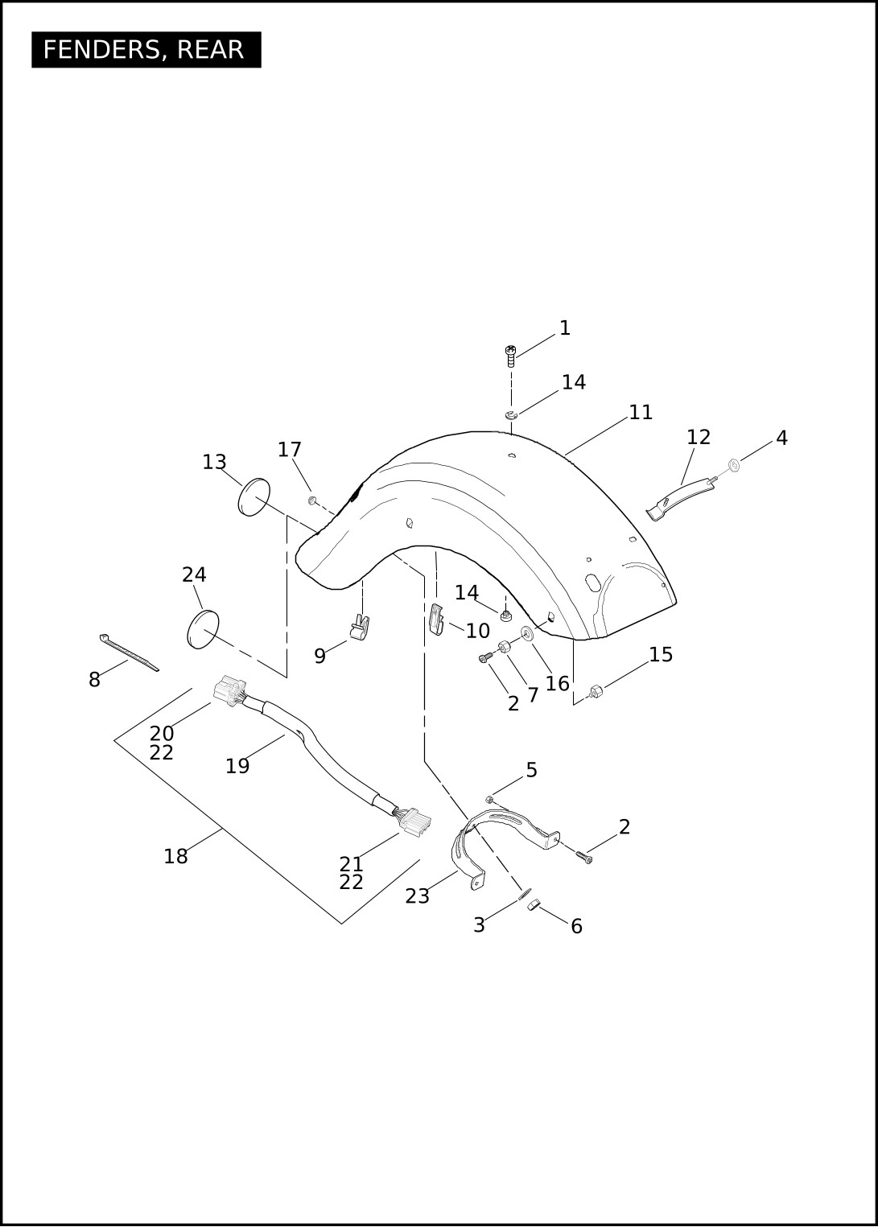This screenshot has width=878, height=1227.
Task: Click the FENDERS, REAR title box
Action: pyautogui.click(x=146, y=50)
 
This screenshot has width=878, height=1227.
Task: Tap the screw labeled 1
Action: pyautogui.click(x=510, y=356)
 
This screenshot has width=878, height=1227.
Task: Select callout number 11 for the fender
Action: pyautogui.click(x=641, y=413)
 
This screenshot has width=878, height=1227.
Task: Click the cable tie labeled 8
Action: pyautogui.click(x=129, y=653)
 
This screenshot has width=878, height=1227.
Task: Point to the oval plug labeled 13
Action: pyautogui.click(x=254, y=496)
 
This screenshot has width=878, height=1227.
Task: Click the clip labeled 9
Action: pyautogui.click(x=359, y=627)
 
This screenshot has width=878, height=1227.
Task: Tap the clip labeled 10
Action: pyautogui.click(x=436, y=620)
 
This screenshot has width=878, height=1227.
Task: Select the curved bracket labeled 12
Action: pyautogui.click(x=681, y=499)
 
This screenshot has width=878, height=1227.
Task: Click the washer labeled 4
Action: pyautogui.click(x=734, y=465)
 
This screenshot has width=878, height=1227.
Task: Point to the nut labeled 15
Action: pyautogui.click(x=596, y=691)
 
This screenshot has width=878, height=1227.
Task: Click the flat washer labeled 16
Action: pyautogui.click(x=527, y=633)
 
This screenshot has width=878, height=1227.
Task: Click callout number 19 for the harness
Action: pyautogui.click(x=237, y=766)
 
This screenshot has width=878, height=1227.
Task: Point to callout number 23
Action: pyautogui.click(x=417, y=896)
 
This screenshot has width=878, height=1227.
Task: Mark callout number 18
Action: pyautogui.click(x=175, y=855)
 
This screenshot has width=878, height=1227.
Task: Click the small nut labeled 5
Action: pyautogui.click(x=489, y=799)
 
